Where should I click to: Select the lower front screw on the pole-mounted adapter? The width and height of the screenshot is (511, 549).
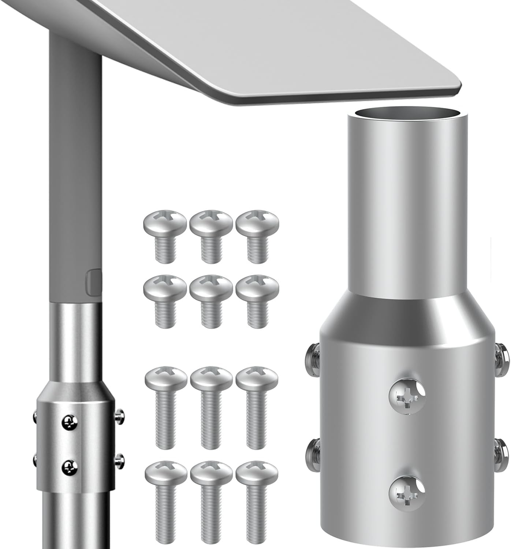[x=70, y=466]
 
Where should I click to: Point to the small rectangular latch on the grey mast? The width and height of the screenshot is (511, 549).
[x=94, y=282]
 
